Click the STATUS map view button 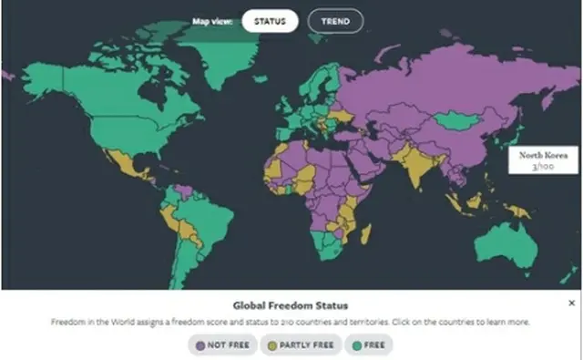(x=270, y=20)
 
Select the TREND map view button (x=335, y=20)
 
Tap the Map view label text (x=212, y=20)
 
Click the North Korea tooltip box (x=539, y=161)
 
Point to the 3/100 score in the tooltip (x=539, y=168)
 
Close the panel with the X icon (x=571, y=303)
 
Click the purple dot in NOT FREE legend (x=199, y=345)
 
